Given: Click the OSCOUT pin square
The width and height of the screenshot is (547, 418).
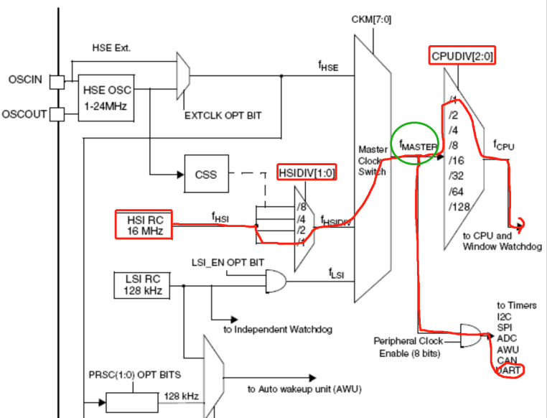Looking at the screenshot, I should point(57,113).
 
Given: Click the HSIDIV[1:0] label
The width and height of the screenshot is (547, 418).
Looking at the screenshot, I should point(307,173).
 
